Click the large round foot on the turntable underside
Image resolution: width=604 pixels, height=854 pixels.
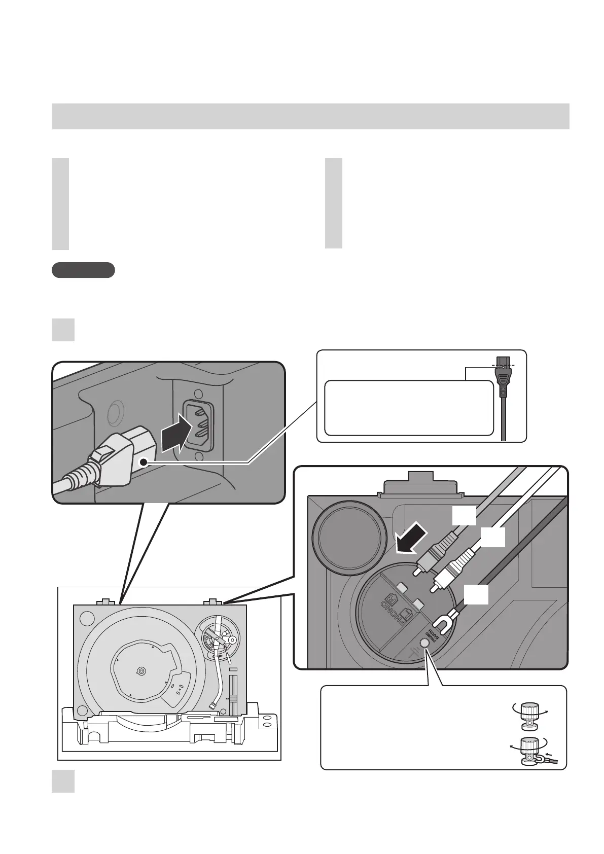click(347, 536)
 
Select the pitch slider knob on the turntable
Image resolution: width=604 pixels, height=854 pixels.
click(233, 700)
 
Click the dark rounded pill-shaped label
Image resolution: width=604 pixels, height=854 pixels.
click(83, 270)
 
